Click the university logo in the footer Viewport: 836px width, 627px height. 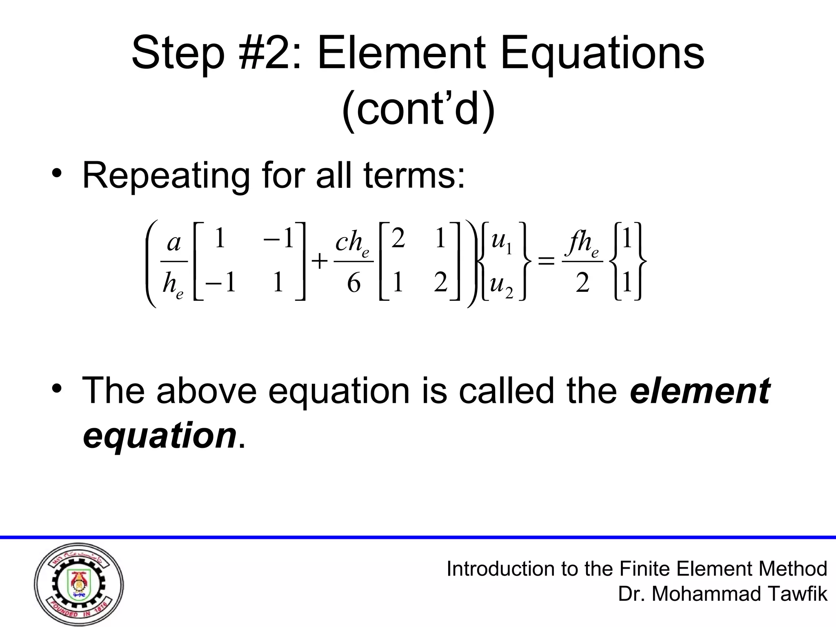[79, 585]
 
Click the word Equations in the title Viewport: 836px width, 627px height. [602, 54]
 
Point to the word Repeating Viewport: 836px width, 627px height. [166, 176]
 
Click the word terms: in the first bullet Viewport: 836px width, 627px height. [414, 176]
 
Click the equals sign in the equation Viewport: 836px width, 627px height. [547, 260]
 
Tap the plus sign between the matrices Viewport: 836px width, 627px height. [320, 260]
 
